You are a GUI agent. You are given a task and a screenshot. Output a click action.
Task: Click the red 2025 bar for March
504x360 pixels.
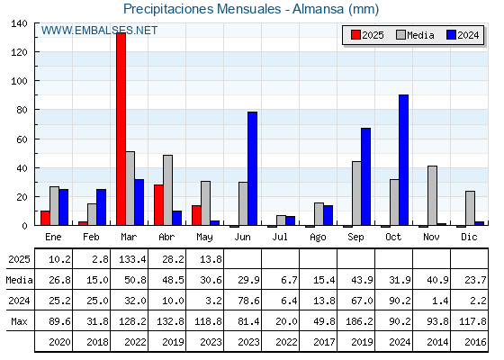click(x=121, y=129)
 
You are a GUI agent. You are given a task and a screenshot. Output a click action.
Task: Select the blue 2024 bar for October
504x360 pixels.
click(x=404, y=160)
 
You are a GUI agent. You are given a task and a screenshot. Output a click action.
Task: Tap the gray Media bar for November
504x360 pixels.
click(x=432, y=196)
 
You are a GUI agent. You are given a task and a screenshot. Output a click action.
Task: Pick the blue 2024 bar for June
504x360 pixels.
click(x=252, y=169)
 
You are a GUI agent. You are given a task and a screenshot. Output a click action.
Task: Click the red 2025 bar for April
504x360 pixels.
click(x=158, y=205)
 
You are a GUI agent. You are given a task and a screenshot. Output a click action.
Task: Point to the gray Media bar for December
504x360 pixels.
click(x=470, y=208)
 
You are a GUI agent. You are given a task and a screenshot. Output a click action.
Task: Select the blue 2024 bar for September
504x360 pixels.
click(x=365, y=176)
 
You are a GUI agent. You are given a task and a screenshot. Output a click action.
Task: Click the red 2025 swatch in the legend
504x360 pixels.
click(x=355, y=35)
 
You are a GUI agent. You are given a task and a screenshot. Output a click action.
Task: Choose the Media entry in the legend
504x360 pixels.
click(x=415, y=35)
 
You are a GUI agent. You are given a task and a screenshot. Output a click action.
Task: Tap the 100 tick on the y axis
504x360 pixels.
click(x=19, y=81)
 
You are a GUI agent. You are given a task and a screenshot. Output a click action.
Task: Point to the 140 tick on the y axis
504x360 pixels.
click(x=19, y=23)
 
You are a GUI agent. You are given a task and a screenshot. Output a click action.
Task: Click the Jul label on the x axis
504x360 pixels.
click(x=280, y=237)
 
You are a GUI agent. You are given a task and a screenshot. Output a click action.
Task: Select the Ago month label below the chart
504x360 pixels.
click(x=318, y=238)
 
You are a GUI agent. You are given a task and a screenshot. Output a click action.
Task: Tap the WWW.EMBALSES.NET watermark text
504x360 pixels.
click(x=99, y=31)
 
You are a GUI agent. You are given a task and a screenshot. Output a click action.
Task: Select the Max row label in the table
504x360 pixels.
click(x=19, y=321)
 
